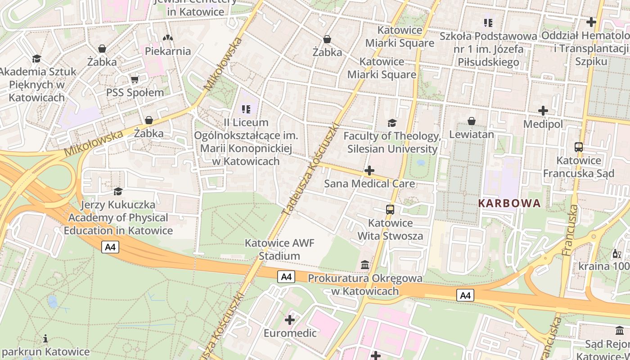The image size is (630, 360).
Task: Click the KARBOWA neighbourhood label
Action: [509, 203]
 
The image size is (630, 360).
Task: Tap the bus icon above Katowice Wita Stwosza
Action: [390, 209]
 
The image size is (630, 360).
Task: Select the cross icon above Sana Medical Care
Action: [369, 171]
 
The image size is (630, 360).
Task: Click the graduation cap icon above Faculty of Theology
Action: [392, 123]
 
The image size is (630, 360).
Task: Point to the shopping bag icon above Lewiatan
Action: [472, 121]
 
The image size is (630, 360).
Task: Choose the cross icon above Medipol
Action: [543, 110]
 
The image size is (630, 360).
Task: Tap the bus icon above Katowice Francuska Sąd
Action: [579, 147]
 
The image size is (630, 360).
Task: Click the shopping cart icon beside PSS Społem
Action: [135, 80]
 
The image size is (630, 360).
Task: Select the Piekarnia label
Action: [168, 51]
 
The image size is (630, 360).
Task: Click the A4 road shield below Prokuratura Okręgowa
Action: [465, 295]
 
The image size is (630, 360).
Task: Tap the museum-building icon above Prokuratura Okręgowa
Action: [365, 265]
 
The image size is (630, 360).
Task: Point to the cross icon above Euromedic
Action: [290, 320]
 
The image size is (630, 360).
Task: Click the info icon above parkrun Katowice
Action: [45, 338]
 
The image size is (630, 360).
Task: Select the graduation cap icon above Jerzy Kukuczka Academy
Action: [118, 192]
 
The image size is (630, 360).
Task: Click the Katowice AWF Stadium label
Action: [279, 249]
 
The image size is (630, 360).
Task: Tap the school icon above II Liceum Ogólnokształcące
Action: [246, 109]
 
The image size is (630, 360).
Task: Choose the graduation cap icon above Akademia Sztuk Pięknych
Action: [36, 58]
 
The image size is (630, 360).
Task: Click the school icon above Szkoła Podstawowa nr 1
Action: [488, 22]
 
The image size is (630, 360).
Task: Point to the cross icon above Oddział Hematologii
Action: [591, 22]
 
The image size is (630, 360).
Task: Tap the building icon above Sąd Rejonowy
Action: [620, 331]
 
